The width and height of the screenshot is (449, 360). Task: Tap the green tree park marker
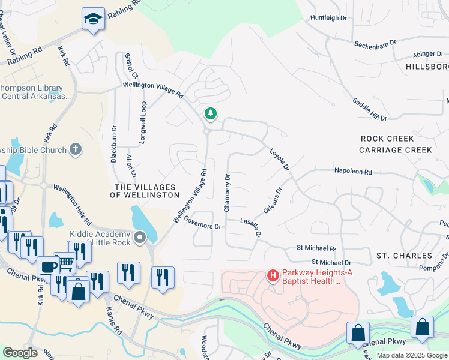[210, 113]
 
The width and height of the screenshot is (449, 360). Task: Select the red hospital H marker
[273, 275]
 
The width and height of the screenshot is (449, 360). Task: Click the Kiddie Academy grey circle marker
[140, 238]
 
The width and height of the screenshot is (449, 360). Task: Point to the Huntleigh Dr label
[329, 18]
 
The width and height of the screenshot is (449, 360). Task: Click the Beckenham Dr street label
[375, 44]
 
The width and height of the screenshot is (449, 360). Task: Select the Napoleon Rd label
[353, 172]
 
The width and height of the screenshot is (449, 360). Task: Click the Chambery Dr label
[227, 193]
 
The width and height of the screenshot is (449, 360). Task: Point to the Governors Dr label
[203, 222]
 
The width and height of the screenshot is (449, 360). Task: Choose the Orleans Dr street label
[272, 202]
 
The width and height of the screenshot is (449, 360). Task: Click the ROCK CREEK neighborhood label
[387, 139]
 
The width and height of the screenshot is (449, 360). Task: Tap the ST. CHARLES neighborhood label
[404, 256]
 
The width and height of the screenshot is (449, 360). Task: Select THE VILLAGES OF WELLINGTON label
[147, 191]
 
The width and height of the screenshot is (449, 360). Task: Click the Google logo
[20, 353]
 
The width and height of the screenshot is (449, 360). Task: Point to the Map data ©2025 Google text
[412, 355]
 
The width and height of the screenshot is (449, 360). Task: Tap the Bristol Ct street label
[131, 66]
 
